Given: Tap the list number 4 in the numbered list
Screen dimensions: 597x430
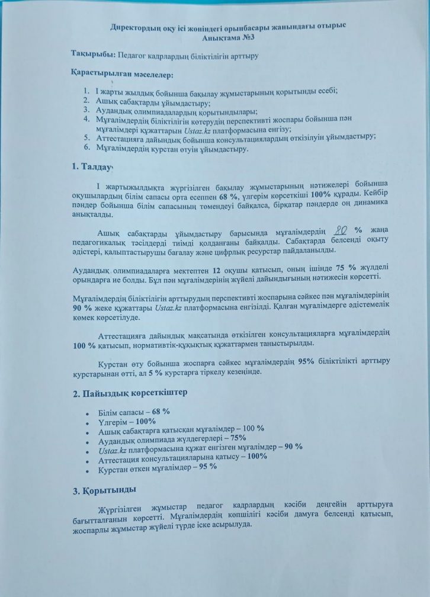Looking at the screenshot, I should pos(85,118).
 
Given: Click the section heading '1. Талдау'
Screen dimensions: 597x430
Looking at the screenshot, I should pos(91,166).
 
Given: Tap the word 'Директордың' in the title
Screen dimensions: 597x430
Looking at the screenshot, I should pos(136,27).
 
